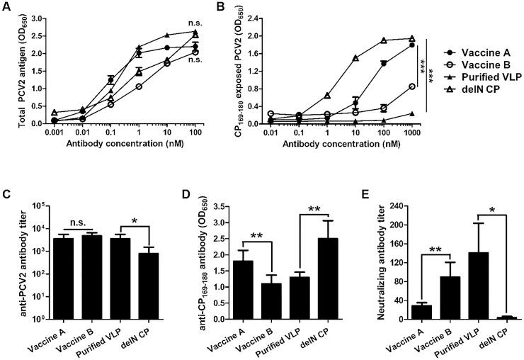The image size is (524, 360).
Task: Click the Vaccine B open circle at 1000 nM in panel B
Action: (x=411, y=86)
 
